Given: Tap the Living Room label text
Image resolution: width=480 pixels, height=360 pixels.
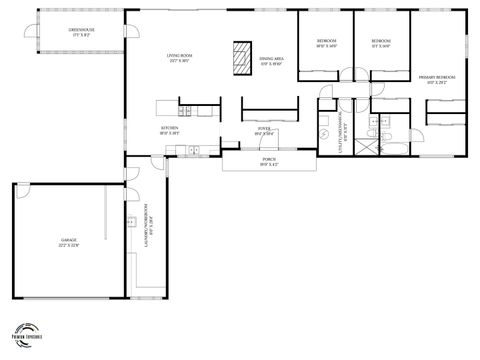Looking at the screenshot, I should coord(179,58).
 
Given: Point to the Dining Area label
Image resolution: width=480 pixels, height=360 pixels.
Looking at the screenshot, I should coord(271,62).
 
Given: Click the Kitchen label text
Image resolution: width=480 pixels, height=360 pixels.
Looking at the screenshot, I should coord(170,131).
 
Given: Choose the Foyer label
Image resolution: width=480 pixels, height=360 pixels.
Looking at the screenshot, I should coord(265,129).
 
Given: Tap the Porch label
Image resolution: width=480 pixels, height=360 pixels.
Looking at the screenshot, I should coord(269,161).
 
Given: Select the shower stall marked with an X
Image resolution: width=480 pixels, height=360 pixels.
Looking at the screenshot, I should coord(371,143).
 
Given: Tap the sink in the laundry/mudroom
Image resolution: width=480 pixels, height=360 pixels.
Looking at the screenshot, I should coord(131,222).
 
